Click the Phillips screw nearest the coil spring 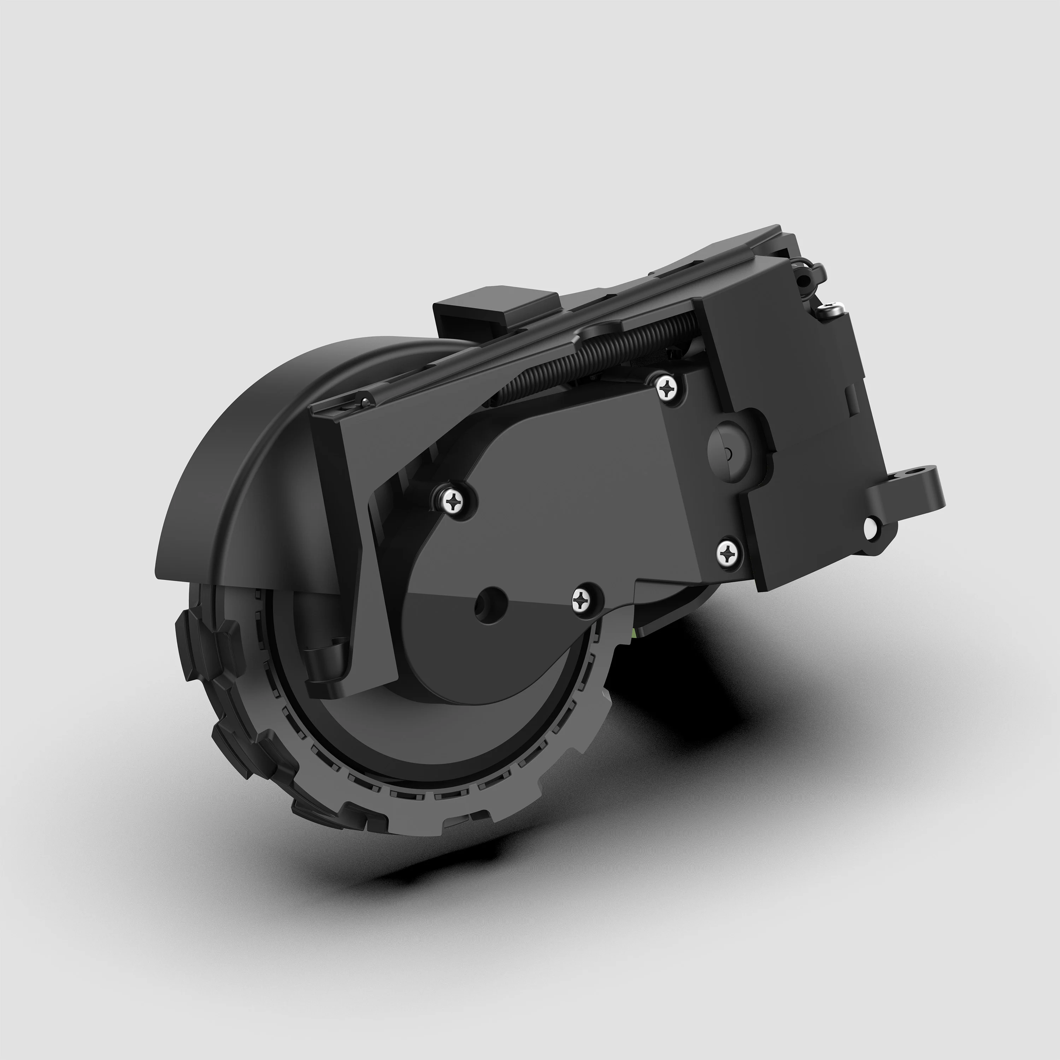pyautogui.click(x=667, y=388)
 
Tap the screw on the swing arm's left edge pyautogui.click(x=455, y=500)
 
